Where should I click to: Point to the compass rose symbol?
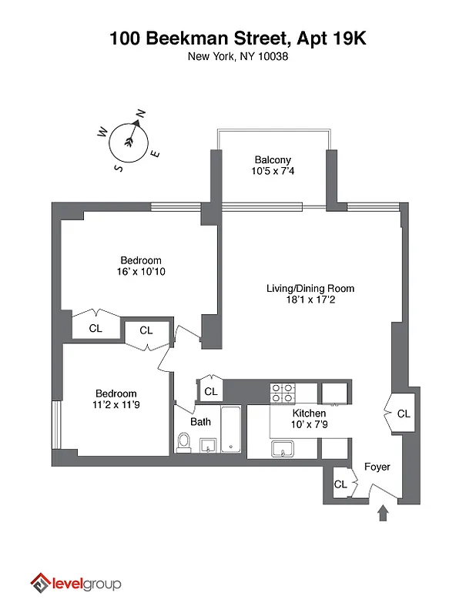129,139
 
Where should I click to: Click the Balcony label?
273,160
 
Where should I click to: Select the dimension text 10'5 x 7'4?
273,172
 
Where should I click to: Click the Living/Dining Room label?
310,289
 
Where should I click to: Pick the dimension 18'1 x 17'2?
310,300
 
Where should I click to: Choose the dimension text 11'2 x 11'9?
116,404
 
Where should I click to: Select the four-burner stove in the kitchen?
283,393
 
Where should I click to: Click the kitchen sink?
283,449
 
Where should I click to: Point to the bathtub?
232,430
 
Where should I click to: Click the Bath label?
201,422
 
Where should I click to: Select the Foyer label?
377,467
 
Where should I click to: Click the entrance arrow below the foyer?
383,512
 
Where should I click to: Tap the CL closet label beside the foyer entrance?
340,484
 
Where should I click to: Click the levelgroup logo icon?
40,584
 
